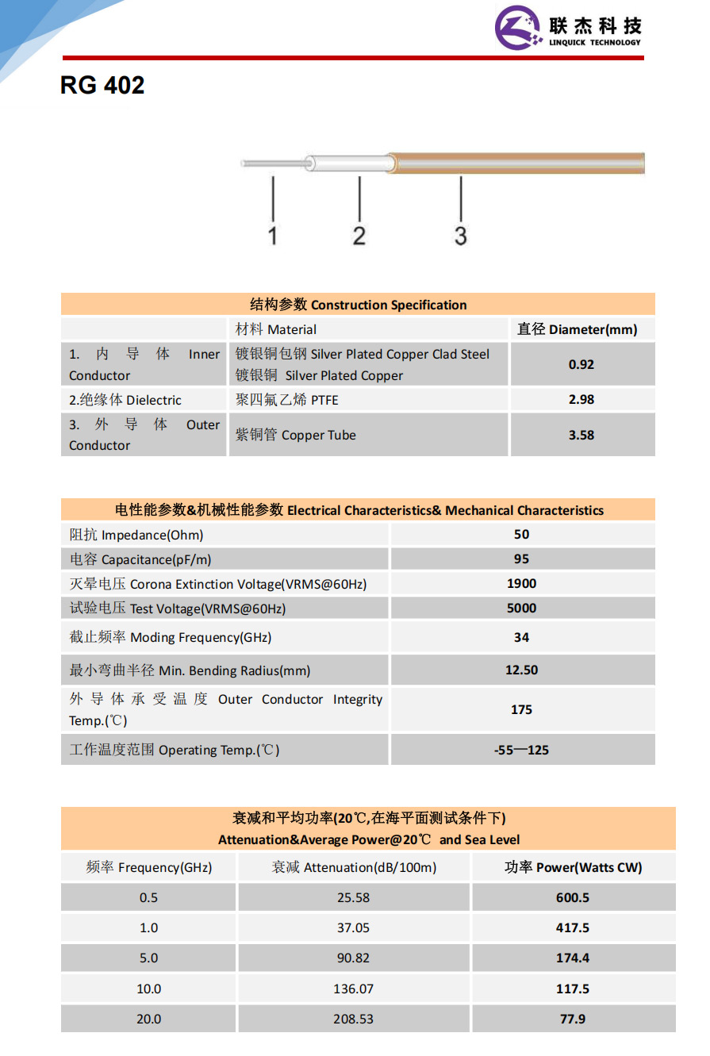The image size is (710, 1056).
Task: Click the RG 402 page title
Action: pyautogui.click(x=102, y=86)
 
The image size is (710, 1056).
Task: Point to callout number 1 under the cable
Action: pyautogui.click(x=273, y=236)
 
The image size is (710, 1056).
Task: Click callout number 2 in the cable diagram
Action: pyautogui.click(x=359, y=236)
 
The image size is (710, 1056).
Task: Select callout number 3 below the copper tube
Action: pyautogui.click(x=461, y=236)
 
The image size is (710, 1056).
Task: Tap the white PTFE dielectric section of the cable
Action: pyautogui.click(x=349, y=163)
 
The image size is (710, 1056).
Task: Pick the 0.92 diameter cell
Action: pyautogui.click(x=581, y=365)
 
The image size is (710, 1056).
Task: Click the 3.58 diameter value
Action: pyautogui.click(x=581, y=435)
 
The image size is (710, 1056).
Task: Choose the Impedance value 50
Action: pyautogui.click(x=521, y=535)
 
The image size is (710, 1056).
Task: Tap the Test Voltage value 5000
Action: pyautogui.click(x=521, y=609)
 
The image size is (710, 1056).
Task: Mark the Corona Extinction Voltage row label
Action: pyautogui.click(x=218, y=585)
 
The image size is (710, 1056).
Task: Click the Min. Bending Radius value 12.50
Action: pyautogui.click(x=521, y=670)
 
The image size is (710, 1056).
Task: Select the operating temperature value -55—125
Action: pyautogui.click(x=521, y=750)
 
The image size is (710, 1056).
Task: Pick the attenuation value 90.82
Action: pyautogui.click(x=353, y=958)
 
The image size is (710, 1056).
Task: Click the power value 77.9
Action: pyautogui.click(x=573, y=1019)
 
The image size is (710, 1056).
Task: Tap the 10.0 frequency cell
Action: pyautogui.click(x=148, y=989)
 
